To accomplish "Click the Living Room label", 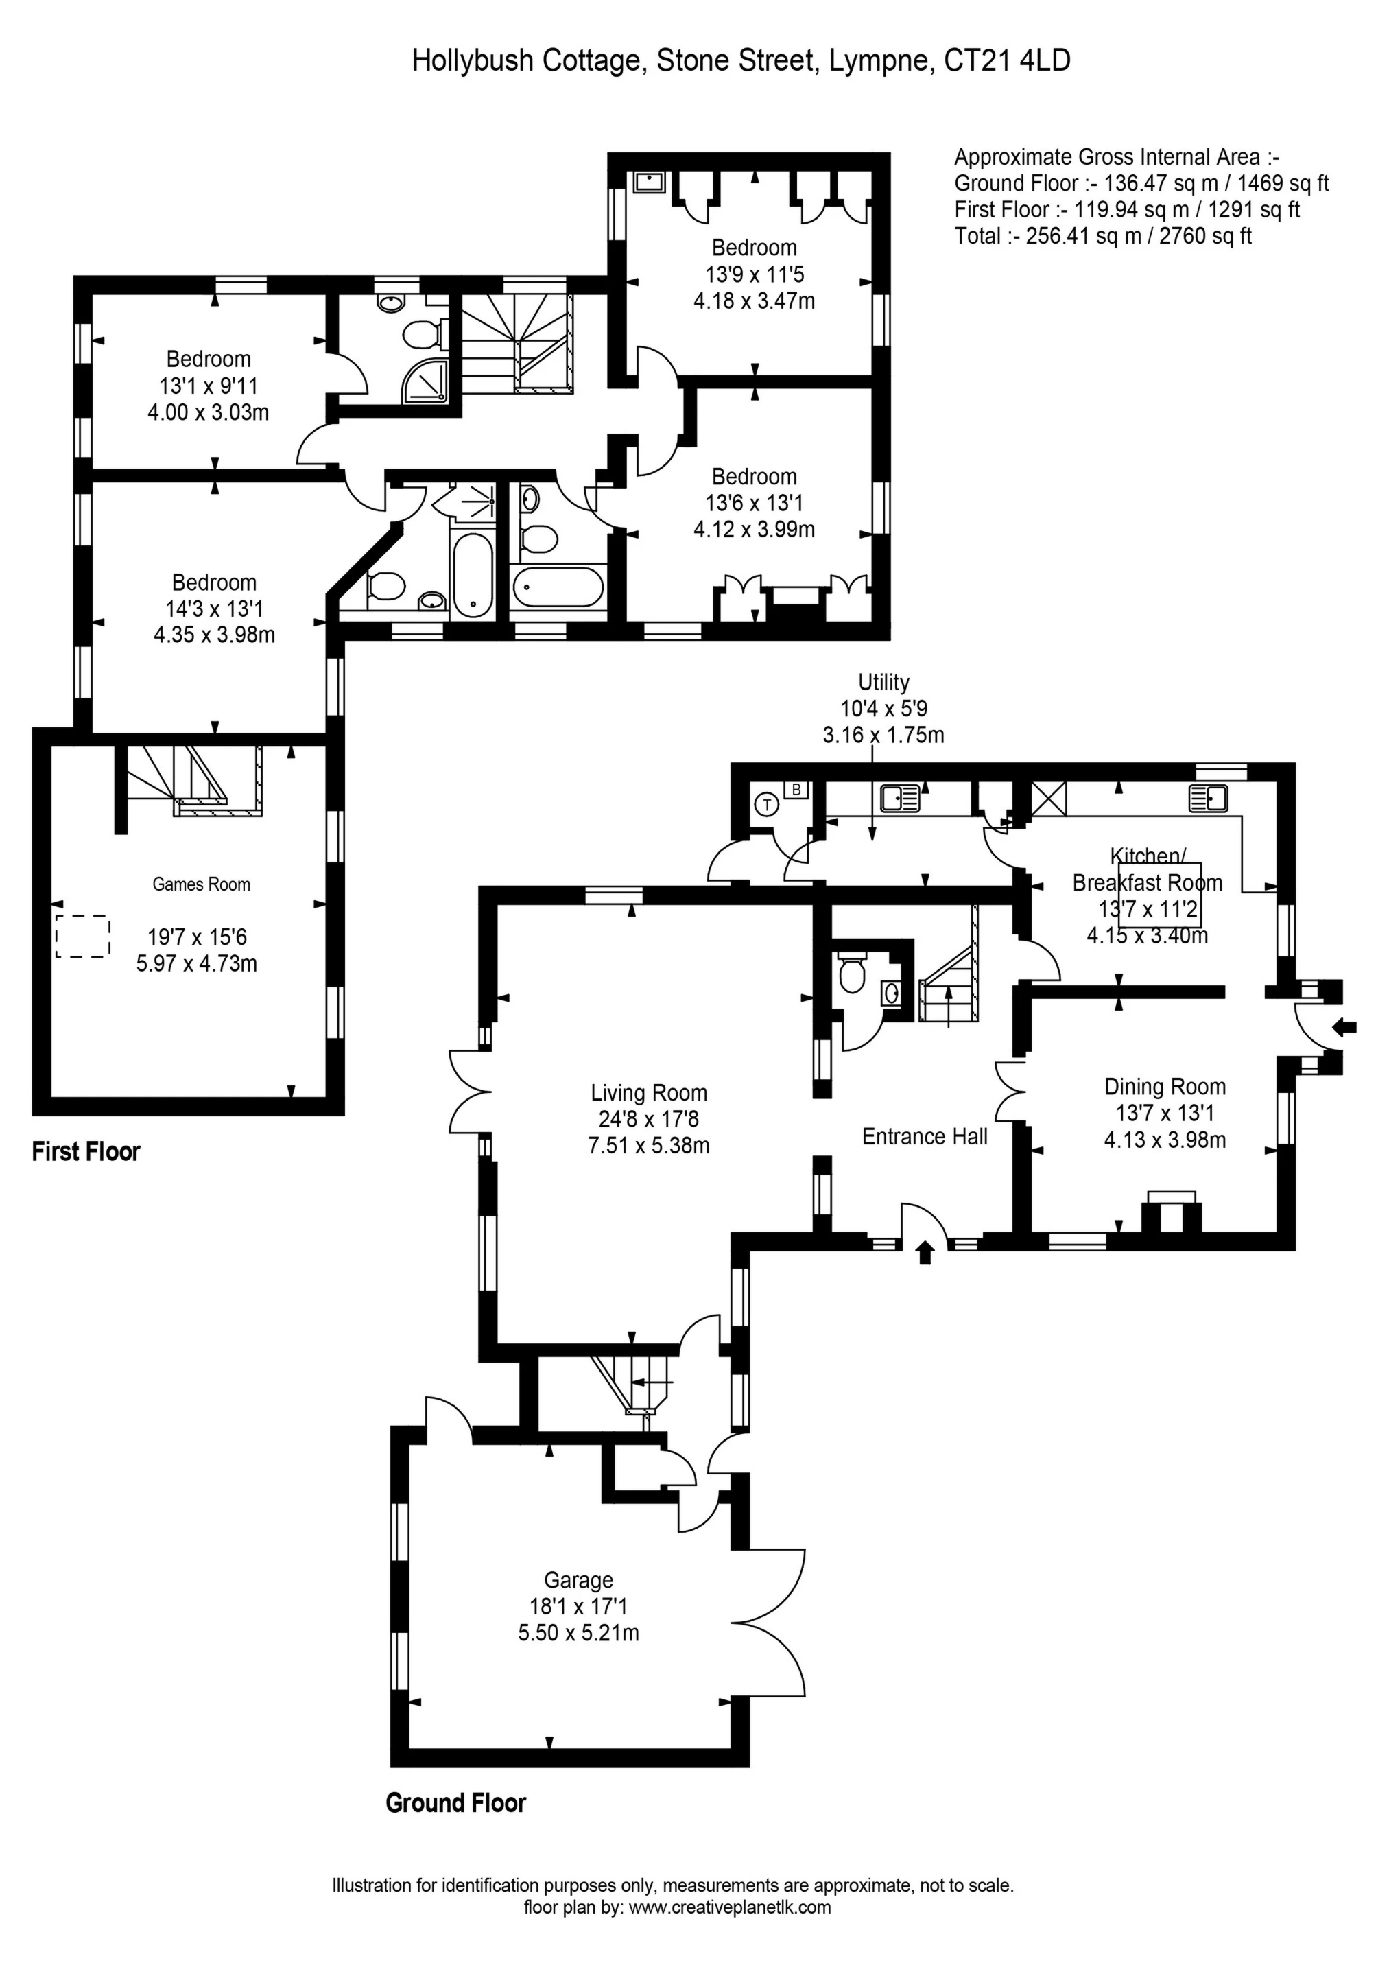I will [x=649, y=1093].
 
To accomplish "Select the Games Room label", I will [x=201, y=884].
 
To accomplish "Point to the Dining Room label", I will [x=1165, y=1087].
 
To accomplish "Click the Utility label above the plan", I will [x=883, y=682].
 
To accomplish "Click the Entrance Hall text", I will [x=925, y=1137].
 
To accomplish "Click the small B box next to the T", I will [x=796, y=789].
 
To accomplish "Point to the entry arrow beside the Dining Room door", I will [x=1345, y=1027].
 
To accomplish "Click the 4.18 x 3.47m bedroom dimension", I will [x=754, y=301].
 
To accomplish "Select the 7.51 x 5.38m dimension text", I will [x=649, y=1145].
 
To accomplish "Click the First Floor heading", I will [x=86, y=1152].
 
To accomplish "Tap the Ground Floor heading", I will [x=455, y=1803].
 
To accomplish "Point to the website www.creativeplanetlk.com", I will [x=729, y=1907].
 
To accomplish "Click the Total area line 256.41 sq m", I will [x=1102, y=236].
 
